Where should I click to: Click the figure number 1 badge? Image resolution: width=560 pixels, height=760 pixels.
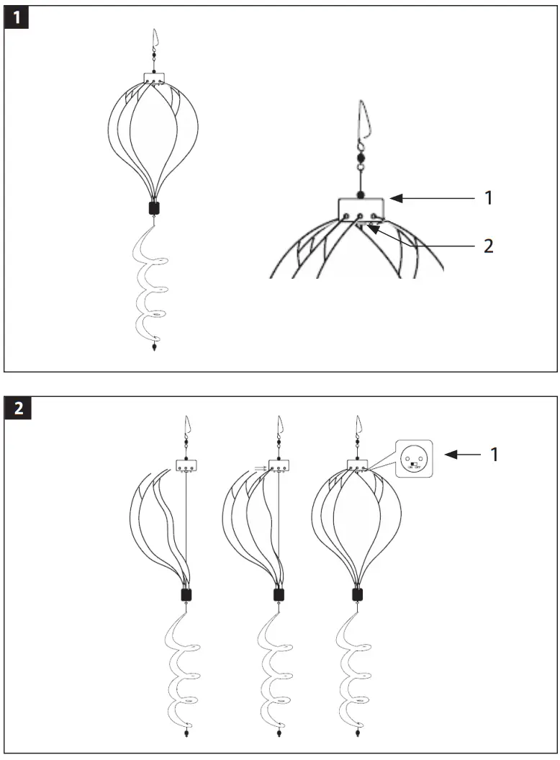17,18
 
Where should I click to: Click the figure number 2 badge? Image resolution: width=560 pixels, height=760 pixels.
17,408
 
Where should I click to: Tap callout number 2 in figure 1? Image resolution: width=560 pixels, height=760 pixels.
489,246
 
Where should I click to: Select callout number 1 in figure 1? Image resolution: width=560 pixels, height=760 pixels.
489,197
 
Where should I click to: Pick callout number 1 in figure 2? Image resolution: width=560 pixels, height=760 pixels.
493,455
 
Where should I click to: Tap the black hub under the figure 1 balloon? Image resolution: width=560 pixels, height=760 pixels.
153,208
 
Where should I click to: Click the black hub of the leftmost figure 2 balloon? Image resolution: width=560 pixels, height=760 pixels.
186,595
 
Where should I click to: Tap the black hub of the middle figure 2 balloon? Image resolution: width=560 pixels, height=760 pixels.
277,595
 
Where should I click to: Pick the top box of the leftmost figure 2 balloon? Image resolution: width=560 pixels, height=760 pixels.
186,465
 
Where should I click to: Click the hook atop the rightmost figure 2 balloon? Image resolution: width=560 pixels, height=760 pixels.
358,426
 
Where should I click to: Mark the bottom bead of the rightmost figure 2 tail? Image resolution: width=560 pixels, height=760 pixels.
358,734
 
